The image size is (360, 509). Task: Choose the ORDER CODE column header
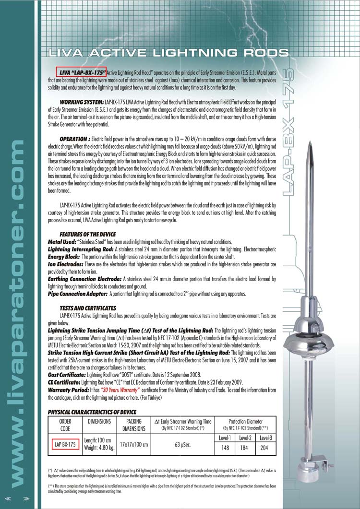(x=65, y=424)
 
